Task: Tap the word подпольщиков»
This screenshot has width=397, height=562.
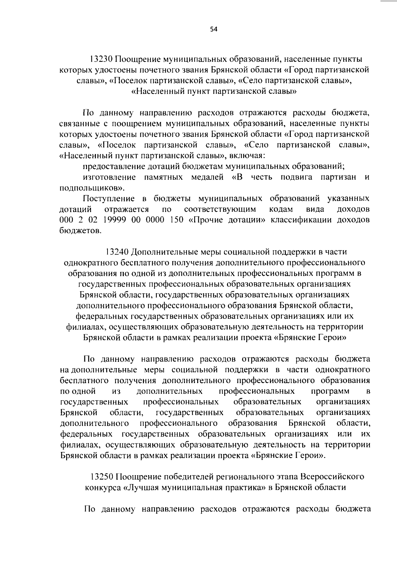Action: (92, 188)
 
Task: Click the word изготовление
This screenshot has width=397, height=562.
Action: (109, 177)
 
